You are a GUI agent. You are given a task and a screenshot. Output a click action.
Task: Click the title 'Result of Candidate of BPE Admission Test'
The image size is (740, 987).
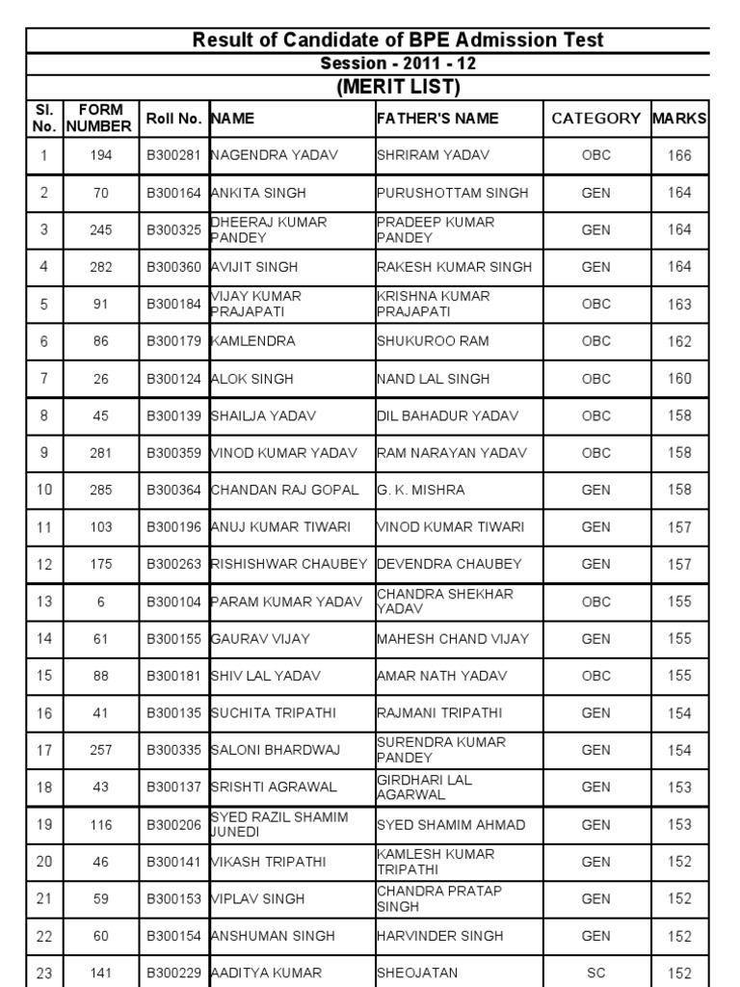coord(399,40)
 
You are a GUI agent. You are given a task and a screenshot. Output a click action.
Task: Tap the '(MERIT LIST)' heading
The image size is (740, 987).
coord(399,87)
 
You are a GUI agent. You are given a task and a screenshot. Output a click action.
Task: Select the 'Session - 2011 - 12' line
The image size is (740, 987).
coord(399,64)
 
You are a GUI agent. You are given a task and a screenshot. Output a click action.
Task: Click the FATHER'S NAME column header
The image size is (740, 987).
coord(437,119)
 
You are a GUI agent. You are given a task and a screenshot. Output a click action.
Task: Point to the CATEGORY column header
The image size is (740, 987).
coord(596,119)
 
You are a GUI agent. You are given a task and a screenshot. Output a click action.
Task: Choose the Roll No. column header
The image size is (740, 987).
coord(173,119)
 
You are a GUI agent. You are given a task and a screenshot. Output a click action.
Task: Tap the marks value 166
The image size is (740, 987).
coord(679,155)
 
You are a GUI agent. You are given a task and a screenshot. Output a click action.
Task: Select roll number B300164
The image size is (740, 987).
coord(173,193)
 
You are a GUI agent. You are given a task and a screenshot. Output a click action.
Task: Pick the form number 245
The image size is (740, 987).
coord(101,229)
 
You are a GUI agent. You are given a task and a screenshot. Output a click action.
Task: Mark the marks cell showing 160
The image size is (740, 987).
coord(679,379)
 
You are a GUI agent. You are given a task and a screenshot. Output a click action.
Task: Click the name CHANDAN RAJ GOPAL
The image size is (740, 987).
coord(284,491)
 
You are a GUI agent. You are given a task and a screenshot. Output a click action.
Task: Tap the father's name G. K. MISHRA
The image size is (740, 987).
coord(420,491)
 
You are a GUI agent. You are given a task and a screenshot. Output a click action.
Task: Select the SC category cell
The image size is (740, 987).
coord(596,974)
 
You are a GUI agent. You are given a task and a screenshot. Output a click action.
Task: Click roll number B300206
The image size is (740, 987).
coord(173,825)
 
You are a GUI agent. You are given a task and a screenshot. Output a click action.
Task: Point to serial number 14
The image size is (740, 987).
coord(44,639)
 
